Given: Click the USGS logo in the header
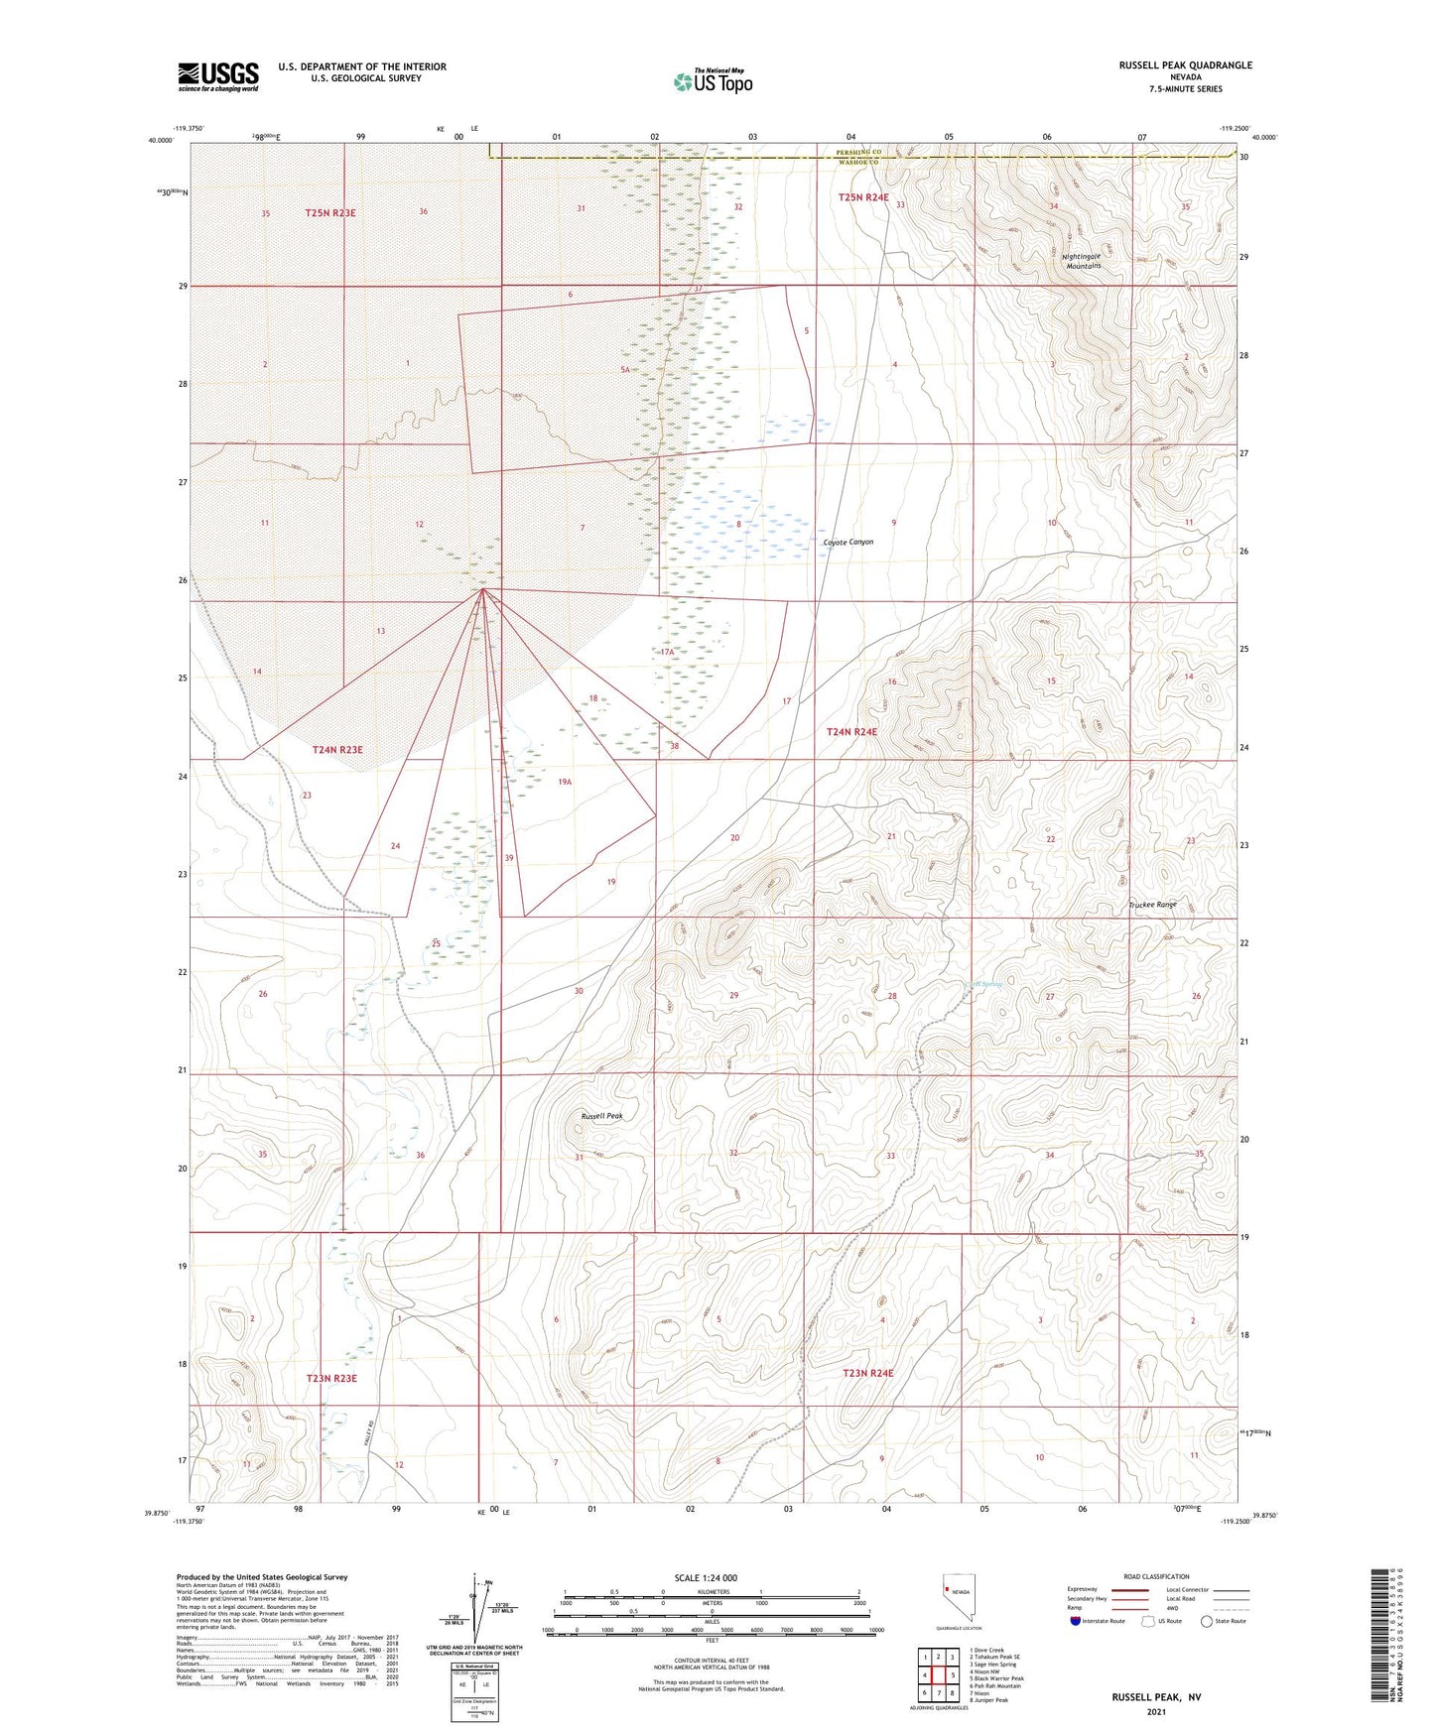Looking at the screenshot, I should point(218,76).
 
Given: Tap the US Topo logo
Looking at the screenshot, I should point(713,81).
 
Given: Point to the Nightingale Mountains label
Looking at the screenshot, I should point(1084,261).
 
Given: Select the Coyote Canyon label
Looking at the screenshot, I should point(848,543).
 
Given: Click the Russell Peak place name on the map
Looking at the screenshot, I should point(601,1116).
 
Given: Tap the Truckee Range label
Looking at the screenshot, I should point(1152,905).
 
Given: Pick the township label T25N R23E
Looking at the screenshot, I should point(329,213).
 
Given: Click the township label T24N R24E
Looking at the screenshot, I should point(852,732).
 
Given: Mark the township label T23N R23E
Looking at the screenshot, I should point(331,1379).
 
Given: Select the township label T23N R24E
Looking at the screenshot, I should point(867,1373).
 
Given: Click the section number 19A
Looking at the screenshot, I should point(565,782).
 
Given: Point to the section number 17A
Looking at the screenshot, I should point(667,653).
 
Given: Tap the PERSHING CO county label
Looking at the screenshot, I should point(858,152).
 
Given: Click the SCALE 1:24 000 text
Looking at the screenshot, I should point(706,1578).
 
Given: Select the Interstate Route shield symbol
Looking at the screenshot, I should point(1078,1621).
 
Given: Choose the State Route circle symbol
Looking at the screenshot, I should point(1207,1621).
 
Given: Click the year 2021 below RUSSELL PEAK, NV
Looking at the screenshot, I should point(1156,1711).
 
